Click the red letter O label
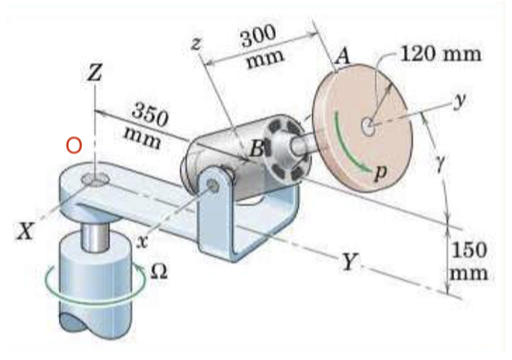pyautogui.click(x=73, y=146)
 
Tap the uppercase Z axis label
pyautogui.click(x=93, y=73)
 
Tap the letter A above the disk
pyautogui.click(x=343, y=59)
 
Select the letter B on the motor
pyautogui.click(x=255, y=149)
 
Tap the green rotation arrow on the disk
pyautogui.click(x=348, y=153)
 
